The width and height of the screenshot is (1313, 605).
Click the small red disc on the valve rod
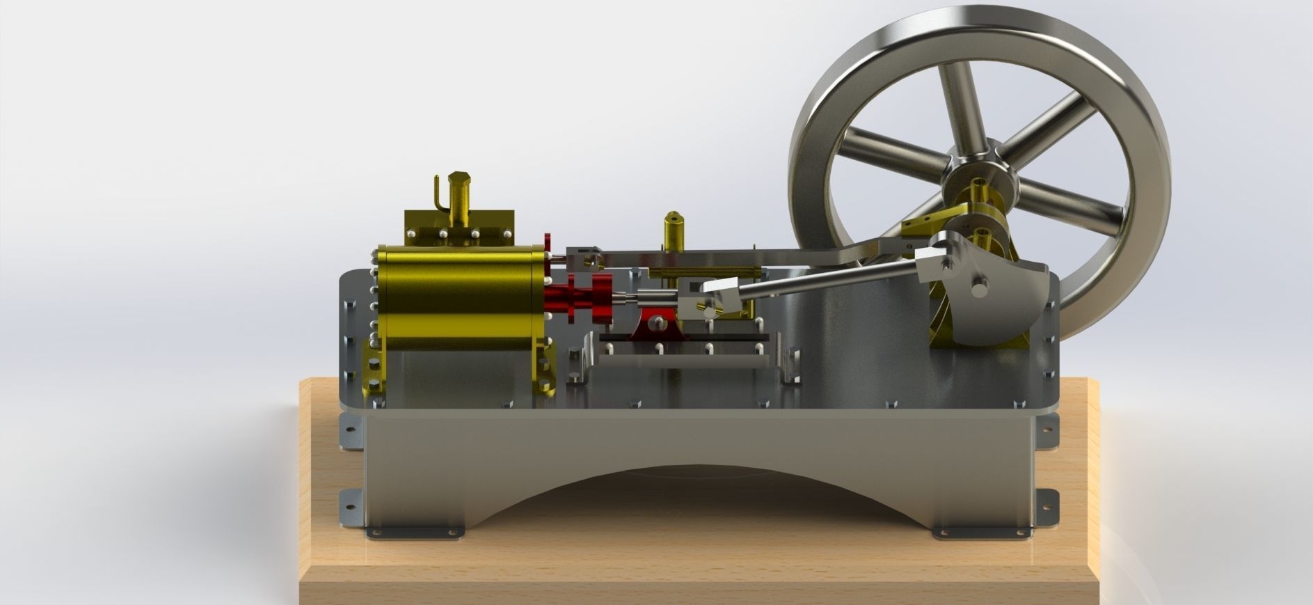tap(548, 245)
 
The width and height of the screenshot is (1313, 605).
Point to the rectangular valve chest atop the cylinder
tap(459, 228)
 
